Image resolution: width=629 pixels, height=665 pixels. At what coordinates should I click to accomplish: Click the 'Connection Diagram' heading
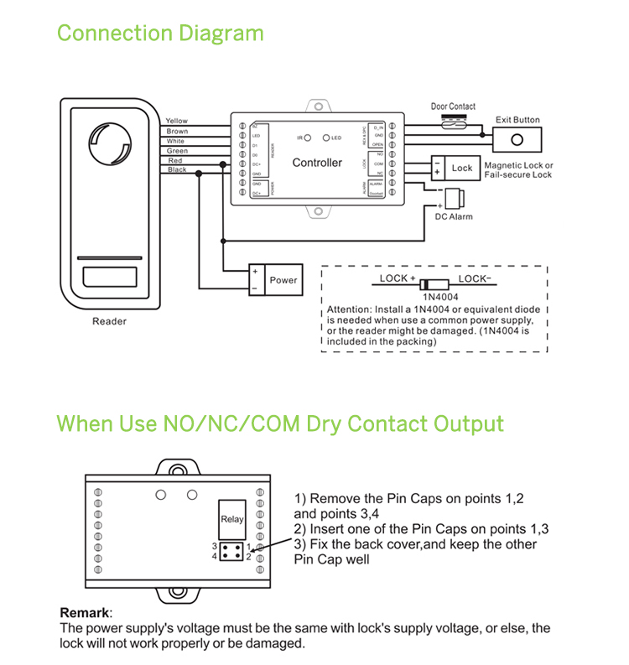point(160,34)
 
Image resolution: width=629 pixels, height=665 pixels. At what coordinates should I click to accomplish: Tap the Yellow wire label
point(177,122)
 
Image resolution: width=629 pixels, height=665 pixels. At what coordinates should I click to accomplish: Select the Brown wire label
point(177,132)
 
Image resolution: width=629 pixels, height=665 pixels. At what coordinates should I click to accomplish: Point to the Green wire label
point(177,151)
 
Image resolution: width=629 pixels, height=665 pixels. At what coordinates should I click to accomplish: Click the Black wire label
point(177,170)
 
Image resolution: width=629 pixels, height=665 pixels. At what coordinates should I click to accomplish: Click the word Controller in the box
point(317,163)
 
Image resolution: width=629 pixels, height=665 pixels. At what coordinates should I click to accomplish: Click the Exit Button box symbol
point(517,140)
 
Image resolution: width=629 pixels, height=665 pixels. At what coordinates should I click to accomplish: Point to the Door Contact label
point(453,107)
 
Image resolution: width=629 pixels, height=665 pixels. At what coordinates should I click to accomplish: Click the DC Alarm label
point(453,217)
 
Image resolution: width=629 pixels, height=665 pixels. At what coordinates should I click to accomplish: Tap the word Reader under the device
point(109,321)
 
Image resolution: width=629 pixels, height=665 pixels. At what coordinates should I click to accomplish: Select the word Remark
point(86,614)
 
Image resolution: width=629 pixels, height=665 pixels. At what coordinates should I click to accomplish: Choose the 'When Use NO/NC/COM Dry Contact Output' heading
point(280,423)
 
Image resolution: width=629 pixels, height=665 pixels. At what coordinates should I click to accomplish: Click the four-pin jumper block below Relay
point(231,551)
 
